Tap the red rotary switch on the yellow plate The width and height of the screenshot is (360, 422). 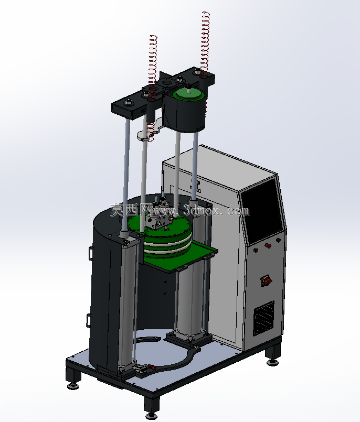tap(267, 280)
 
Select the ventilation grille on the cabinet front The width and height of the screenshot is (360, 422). tap(264, 318)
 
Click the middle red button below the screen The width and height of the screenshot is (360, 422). tap(268, 245)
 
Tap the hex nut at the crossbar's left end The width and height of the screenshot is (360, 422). tap(128, 102)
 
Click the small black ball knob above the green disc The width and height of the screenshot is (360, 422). tap(188, 86)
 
